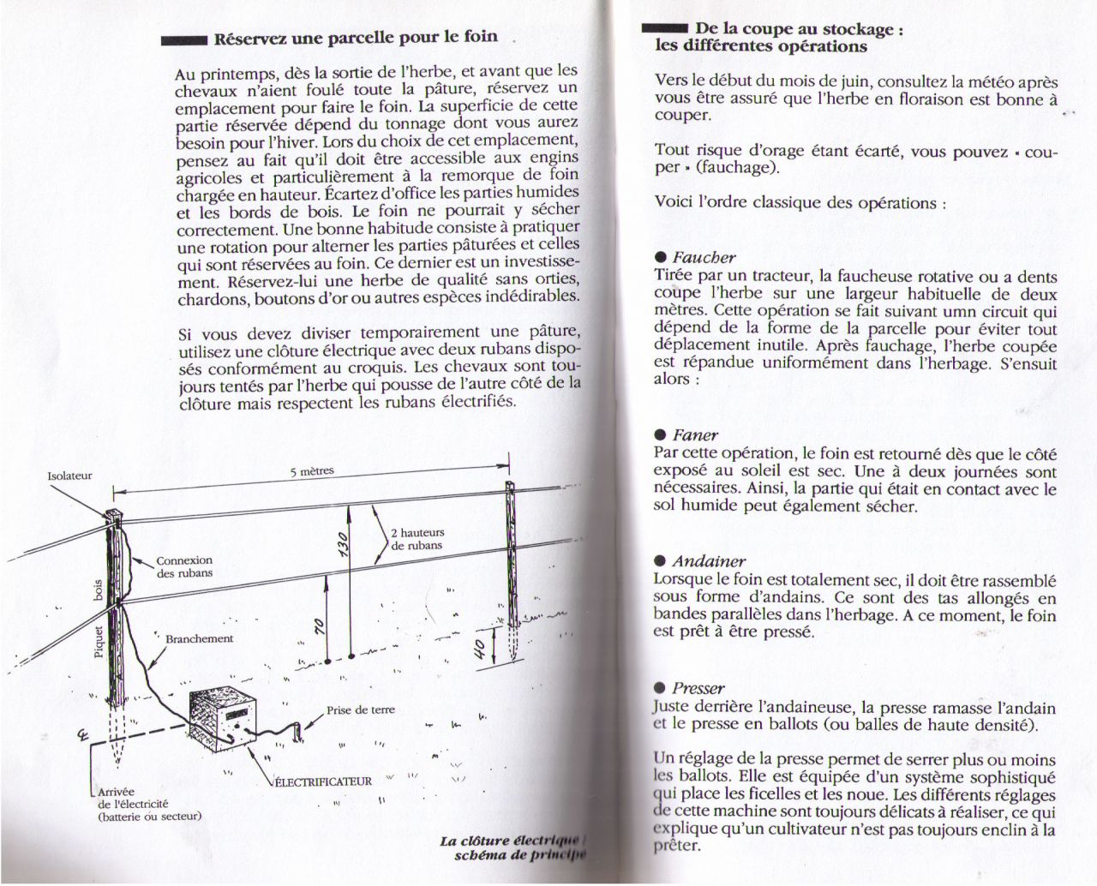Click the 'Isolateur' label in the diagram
[x=69, y=476]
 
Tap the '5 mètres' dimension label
[x=312, y=471]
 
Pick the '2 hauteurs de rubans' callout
[x=417, y=539]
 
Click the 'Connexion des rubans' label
[x=184, y=566]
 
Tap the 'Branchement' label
[x=199, y=639]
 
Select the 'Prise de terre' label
[x=360, y=710]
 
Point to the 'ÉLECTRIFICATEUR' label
[x=325, y=781]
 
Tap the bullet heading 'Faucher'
[x=704, y=257]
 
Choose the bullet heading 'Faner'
[x=695, y=435]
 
